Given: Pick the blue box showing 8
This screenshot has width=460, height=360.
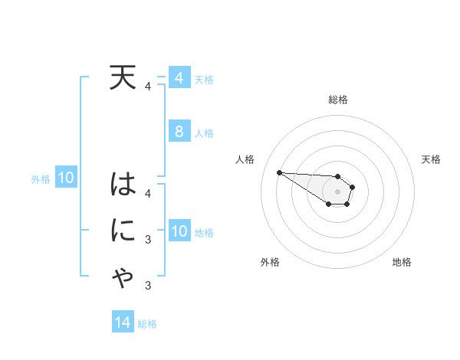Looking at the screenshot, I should pyautogui.click(x=179, y=131).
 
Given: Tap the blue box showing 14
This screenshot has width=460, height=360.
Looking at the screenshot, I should pyautogui.click(x=123, y=322).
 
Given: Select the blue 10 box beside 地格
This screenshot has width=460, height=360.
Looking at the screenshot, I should pyautogui.click(x=179, y=231).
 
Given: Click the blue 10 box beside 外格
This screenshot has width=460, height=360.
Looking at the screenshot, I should pyautogui.click(x=65, y=178).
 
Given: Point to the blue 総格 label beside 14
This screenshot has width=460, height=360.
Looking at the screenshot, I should pyautogui.click(x=147, y=324).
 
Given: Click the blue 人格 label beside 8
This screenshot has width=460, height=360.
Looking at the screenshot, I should pyautogui.click(x=204, y=133).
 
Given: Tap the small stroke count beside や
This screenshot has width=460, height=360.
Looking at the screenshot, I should pyautogui.click(x=147, y=286).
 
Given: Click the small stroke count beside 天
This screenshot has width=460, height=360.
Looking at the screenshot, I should pyautogui.click(x=147, y=87).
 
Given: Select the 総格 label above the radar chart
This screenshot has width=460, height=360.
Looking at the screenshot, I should pyautogui.click(x=337, y=100).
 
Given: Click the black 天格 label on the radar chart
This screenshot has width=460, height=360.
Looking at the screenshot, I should pyautogui.click(x=432, y=159).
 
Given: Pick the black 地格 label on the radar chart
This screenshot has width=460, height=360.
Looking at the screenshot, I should pyautogui.click(x=402, y=262).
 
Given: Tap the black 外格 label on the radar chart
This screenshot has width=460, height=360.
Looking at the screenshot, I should pyautogui.click(x=269, y=262).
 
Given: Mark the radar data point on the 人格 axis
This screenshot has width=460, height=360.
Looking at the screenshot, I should pyautogui.click(x=279, y=172).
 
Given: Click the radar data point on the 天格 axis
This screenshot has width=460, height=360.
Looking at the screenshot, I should pyautogui.click(x=353, y=186).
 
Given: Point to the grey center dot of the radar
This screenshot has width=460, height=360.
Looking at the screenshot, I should pyautogui.click(x=337, y=191).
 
